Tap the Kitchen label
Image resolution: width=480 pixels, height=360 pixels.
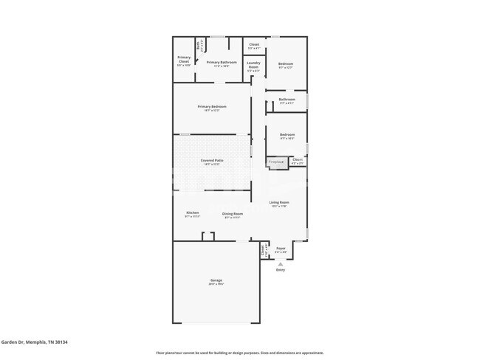coord(192,214)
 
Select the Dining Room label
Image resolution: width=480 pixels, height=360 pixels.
coord(233,215)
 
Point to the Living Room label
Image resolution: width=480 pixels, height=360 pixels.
coord(279,204)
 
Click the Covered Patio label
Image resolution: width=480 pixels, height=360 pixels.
coord(212,162)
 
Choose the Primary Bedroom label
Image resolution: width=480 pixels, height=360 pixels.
coord(212,108)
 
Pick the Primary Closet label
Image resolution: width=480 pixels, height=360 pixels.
coord(184,60)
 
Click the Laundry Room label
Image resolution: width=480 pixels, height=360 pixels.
coord(253,66)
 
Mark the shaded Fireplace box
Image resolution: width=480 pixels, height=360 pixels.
coord(276,162)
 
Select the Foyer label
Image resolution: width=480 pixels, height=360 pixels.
coord(281,249)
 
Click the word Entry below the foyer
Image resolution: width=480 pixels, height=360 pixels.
coord(281,270)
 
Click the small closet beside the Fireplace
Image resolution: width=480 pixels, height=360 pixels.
coord(297,160)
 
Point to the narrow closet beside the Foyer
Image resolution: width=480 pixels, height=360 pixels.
coord(264,251)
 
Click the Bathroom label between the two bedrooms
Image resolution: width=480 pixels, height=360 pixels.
coord(287,100)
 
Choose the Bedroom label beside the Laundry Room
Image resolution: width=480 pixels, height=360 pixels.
coord(286,65)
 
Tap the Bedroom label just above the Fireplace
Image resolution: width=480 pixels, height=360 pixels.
coord(287,136)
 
